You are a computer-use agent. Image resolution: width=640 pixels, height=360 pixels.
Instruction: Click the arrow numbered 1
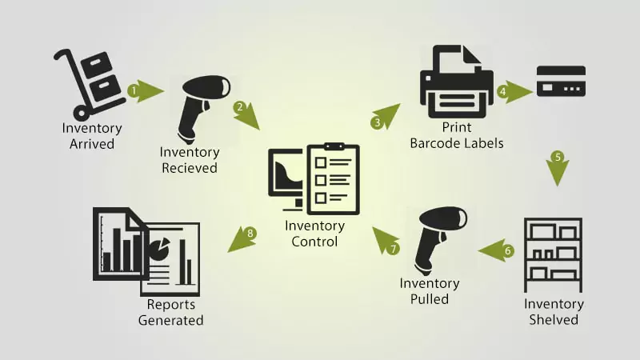click(x=144, y=91)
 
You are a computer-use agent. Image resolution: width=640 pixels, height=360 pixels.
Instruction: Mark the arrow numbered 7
click(x=386, y=240)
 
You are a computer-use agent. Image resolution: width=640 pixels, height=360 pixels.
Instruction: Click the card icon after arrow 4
click(x=561, y=82)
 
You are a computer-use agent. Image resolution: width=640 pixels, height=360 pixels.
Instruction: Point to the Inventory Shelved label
click(x=554, y=312)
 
